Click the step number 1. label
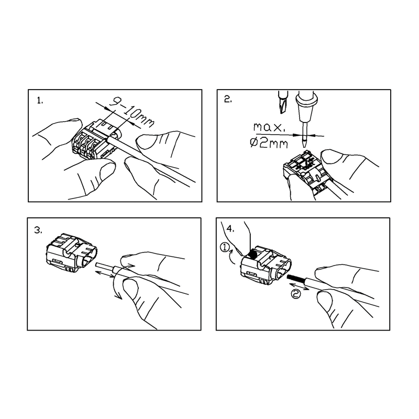pos(40,101)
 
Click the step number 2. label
pos(228,100)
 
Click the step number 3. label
pos(38,230)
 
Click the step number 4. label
pos(230,229)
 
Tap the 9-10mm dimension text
pos(132,113)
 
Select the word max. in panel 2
pos(269,127)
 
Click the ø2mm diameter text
pos(269,143)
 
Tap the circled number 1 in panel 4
pos(225,248)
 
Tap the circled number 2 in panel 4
pos(295,294)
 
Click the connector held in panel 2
pos(307,171)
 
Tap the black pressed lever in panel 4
pos(252,255)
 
